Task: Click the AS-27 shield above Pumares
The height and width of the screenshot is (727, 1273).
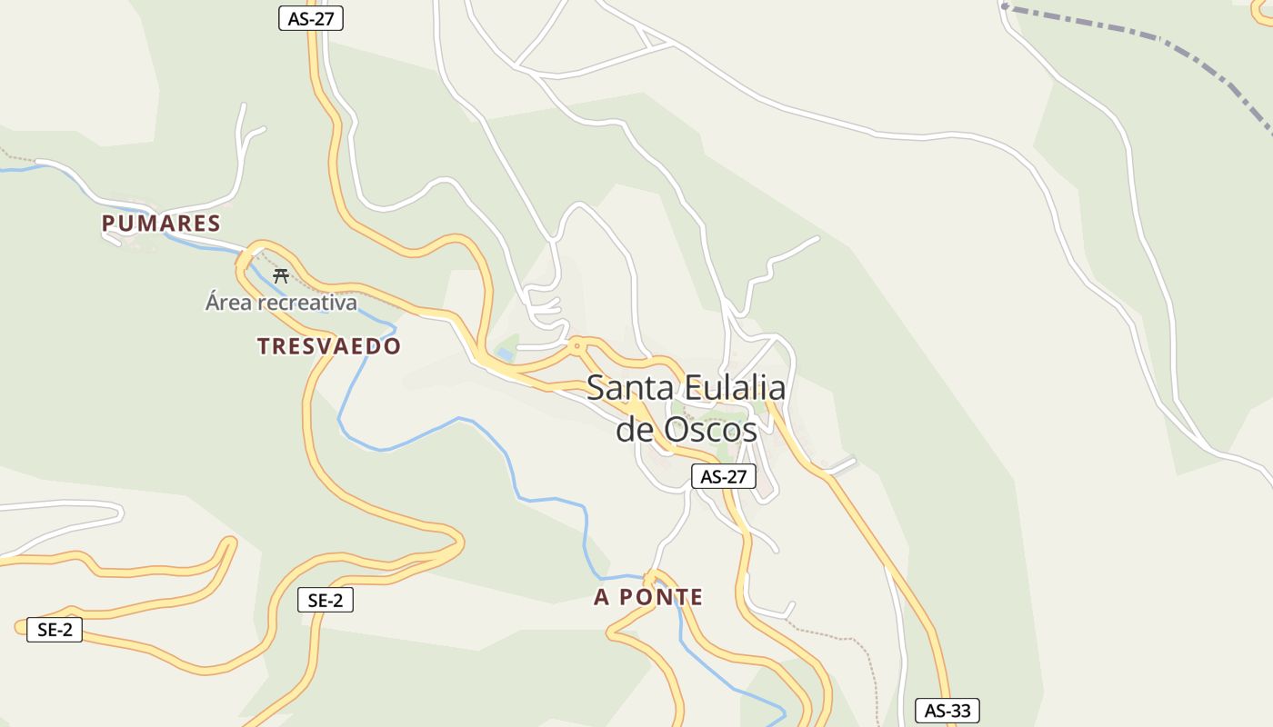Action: point(311,18)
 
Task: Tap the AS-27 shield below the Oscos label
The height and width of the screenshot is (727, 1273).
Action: point(724,476)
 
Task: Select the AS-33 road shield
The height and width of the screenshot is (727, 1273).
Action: point(947,711)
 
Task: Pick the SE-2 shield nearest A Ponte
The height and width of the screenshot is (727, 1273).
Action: point(325,600)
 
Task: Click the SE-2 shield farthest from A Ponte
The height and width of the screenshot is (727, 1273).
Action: point(55,629)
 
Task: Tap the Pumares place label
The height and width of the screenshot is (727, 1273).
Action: point(161,224)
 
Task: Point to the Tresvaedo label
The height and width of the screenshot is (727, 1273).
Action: point(328,346)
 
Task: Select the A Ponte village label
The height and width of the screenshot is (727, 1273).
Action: point(648,597)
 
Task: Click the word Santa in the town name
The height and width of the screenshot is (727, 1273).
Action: point(630,388)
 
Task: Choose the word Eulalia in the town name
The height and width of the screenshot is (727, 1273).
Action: point(734,388)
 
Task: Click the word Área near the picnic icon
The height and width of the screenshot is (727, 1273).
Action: point(226,302)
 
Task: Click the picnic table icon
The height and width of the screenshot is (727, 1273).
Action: point(281,276)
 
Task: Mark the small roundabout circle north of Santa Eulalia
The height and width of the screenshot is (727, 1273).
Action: point(576,345)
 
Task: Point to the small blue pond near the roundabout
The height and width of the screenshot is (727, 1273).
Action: point(505,354)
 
